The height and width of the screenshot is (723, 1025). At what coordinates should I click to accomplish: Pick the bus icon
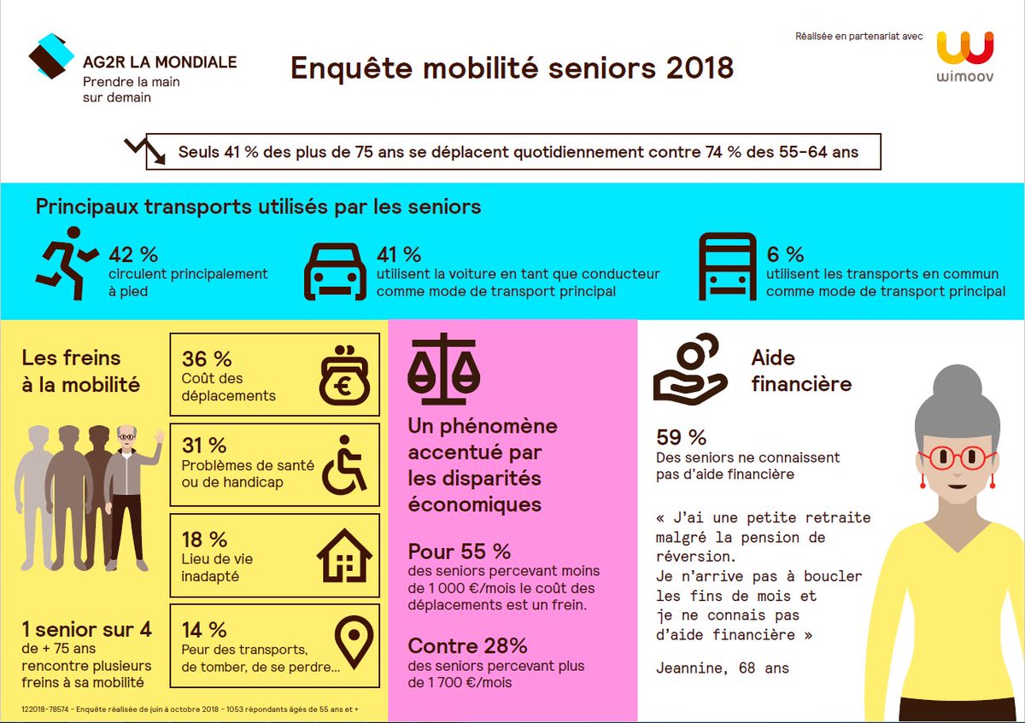pyautogui.click(x=727, y=265)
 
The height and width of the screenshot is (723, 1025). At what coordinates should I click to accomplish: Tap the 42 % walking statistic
pyautogui.click(x=133, y=254)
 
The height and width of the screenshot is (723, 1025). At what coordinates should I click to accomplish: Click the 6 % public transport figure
pyautogui.click(x=785, y=254)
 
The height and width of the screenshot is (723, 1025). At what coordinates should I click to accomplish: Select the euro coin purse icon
pyautogui.click(x=344, y=376)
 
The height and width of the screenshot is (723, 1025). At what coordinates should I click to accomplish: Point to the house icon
pyautogui.click(x=344, y=555)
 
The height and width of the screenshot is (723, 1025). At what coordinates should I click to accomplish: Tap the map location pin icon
pyautogui.click(x=354, y=643)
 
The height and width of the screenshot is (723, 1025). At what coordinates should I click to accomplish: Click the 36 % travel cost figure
pyautogui.click(x=207, y=359)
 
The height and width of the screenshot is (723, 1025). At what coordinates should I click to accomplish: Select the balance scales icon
pyautogui.click(x=443, y=368)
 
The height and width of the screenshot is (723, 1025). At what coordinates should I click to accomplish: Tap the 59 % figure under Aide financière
pyautogui.click(x=681, y=438)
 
